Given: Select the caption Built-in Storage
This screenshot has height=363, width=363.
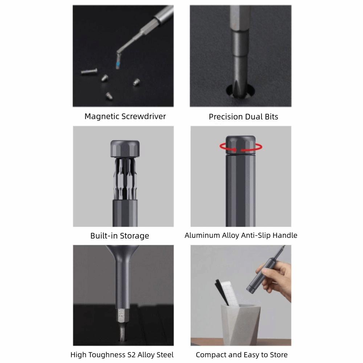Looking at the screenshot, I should tap(120, 236).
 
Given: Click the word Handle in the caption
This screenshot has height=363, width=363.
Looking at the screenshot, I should tap(285, 235).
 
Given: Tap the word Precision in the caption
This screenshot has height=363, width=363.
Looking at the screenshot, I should tap(226, 117).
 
